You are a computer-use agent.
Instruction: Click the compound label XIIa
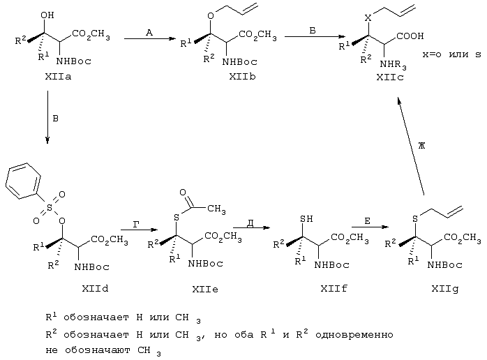click(58, 77)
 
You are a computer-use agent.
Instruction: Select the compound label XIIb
click(242, 77)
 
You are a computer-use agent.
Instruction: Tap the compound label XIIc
click(390, 77)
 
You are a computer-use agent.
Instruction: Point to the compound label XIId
click(95, 289)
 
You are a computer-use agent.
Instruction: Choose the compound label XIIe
click(205, 290)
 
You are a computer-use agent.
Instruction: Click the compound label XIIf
click(334, 289)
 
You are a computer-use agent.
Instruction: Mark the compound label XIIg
click(444, 289)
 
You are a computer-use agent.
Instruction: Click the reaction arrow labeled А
click(150, 38)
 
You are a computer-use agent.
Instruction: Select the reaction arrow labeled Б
click(315, 37)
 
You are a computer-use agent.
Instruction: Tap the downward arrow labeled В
click(47, 117)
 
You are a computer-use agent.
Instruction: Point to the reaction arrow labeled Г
click(139, 230)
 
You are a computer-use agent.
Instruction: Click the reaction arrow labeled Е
click(370, 227)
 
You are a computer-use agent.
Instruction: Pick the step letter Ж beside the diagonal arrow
click(421, 145)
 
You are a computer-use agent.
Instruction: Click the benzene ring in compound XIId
click(23, 181)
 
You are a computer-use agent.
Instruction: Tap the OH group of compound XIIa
click(47, 15)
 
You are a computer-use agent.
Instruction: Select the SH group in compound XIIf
click(306, 219)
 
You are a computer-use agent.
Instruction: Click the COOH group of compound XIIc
click(410, 36)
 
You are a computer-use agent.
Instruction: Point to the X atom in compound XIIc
click(368, 18)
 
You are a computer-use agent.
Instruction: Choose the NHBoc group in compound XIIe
click(206, 264)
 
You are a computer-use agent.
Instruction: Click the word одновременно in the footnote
click(354, 335)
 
